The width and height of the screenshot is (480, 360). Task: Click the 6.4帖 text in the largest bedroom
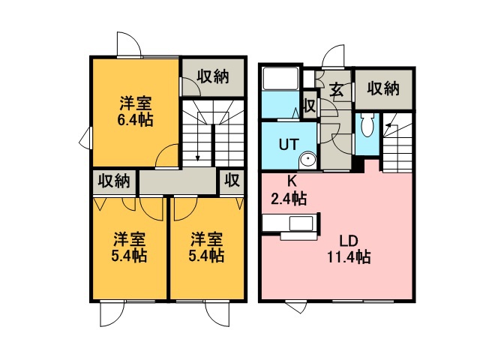coord(136,119)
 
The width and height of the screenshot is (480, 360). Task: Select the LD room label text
coord(349,241)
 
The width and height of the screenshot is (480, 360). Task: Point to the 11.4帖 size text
coord(349,257)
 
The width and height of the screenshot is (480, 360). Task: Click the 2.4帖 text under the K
coord(288,199)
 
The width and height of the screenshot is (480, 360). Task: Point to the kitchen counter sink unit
coord(290,225)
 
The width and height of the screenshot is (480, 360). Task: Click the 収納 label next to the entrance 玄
coord(383,88)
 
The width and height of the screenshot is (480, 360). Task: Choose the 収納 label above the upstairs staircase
coord(214,76)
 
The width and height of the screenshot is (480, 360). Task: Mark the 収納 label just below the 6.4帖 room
coord(114,181)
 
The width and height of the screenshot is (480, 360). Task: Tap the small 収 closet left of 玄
coord(309,106)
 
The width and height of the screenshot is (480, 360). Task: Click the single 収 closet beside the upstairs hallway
coord(232,181)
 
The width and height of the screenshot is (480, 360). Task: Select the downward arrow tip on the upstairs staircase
coord(196,158)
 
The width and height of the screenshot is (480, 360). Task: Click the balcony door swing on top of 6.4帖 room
coord(128,43)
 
